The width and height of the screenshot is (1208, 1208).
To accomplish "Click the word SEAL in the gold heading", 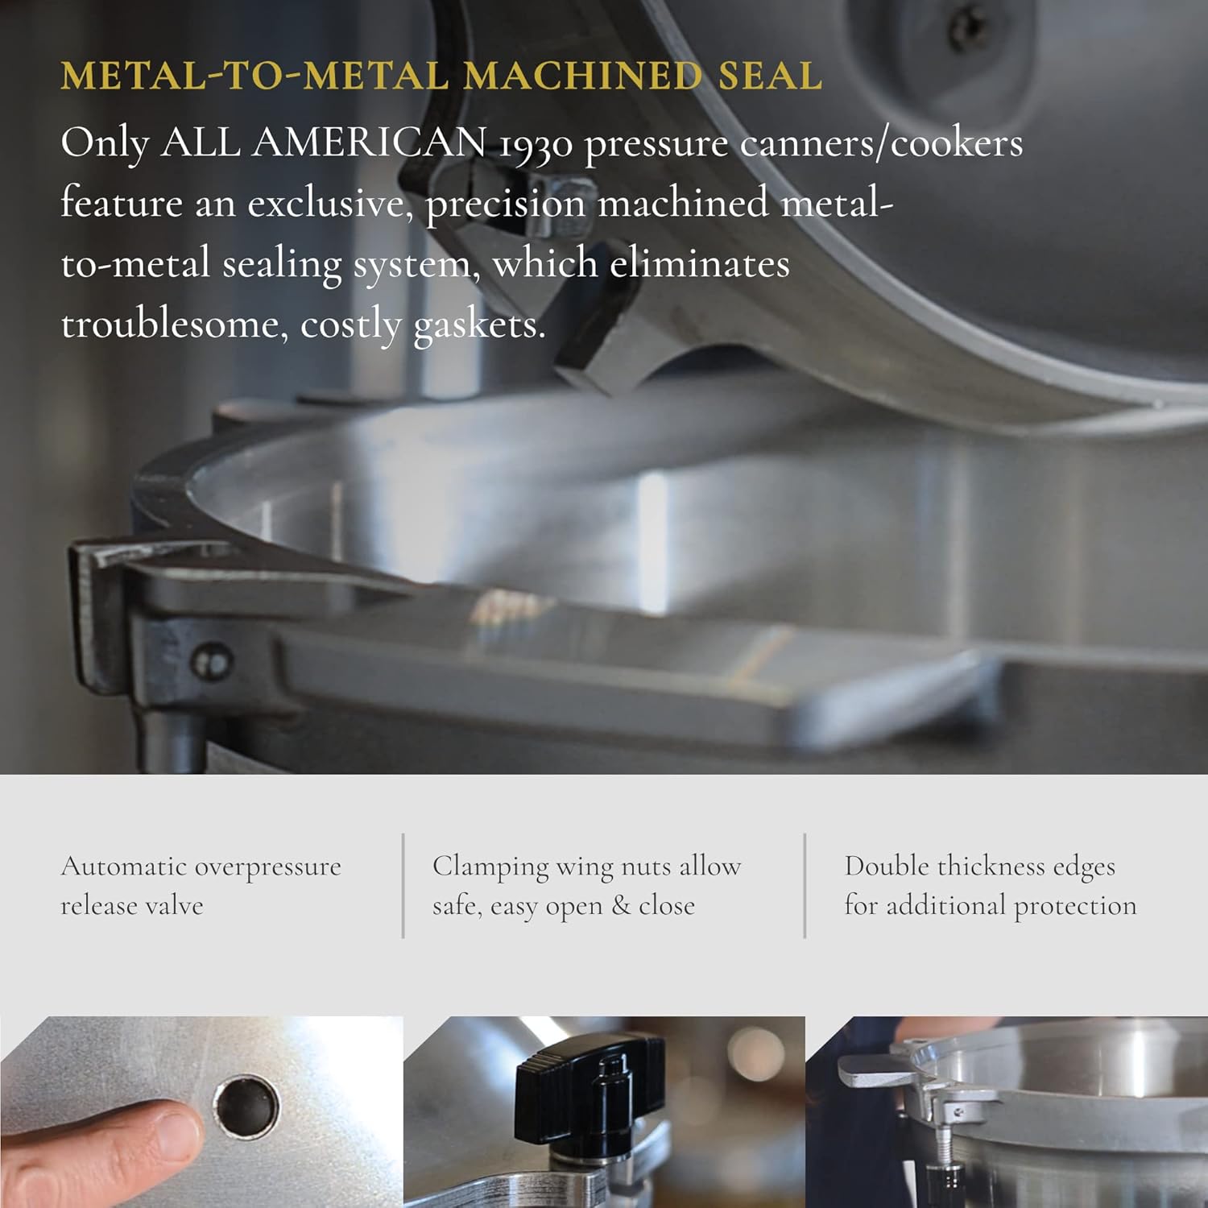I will [x=770, y=76].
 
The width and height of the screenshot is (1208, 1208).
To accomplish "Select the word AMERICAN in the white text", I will [x=369, y=143].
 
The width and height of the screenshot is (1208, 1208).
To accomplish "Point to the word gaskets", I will [x=479, y=326].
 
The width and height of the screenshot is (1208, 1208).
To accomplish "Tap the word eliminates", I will [x=699, y=264].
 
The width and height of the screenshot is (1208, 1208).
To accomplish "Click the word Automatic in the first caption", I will [x=123, y=867].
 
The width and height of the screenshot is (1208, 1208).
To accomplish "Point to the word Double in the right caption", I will [x=885, y=867].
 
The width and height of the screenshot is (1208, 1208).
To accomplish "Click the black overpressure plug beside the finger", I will [x=247, y=1105].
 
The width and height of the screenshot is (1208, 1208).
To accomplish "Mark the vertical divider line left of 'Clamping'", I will [x=403, y=886].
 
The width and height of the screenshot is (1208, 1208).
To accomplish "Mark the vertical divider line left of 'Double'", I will [x=805, y=886].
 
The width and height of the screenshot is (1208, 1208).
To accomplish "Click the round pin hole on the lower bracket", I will [x=212, y=663].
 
